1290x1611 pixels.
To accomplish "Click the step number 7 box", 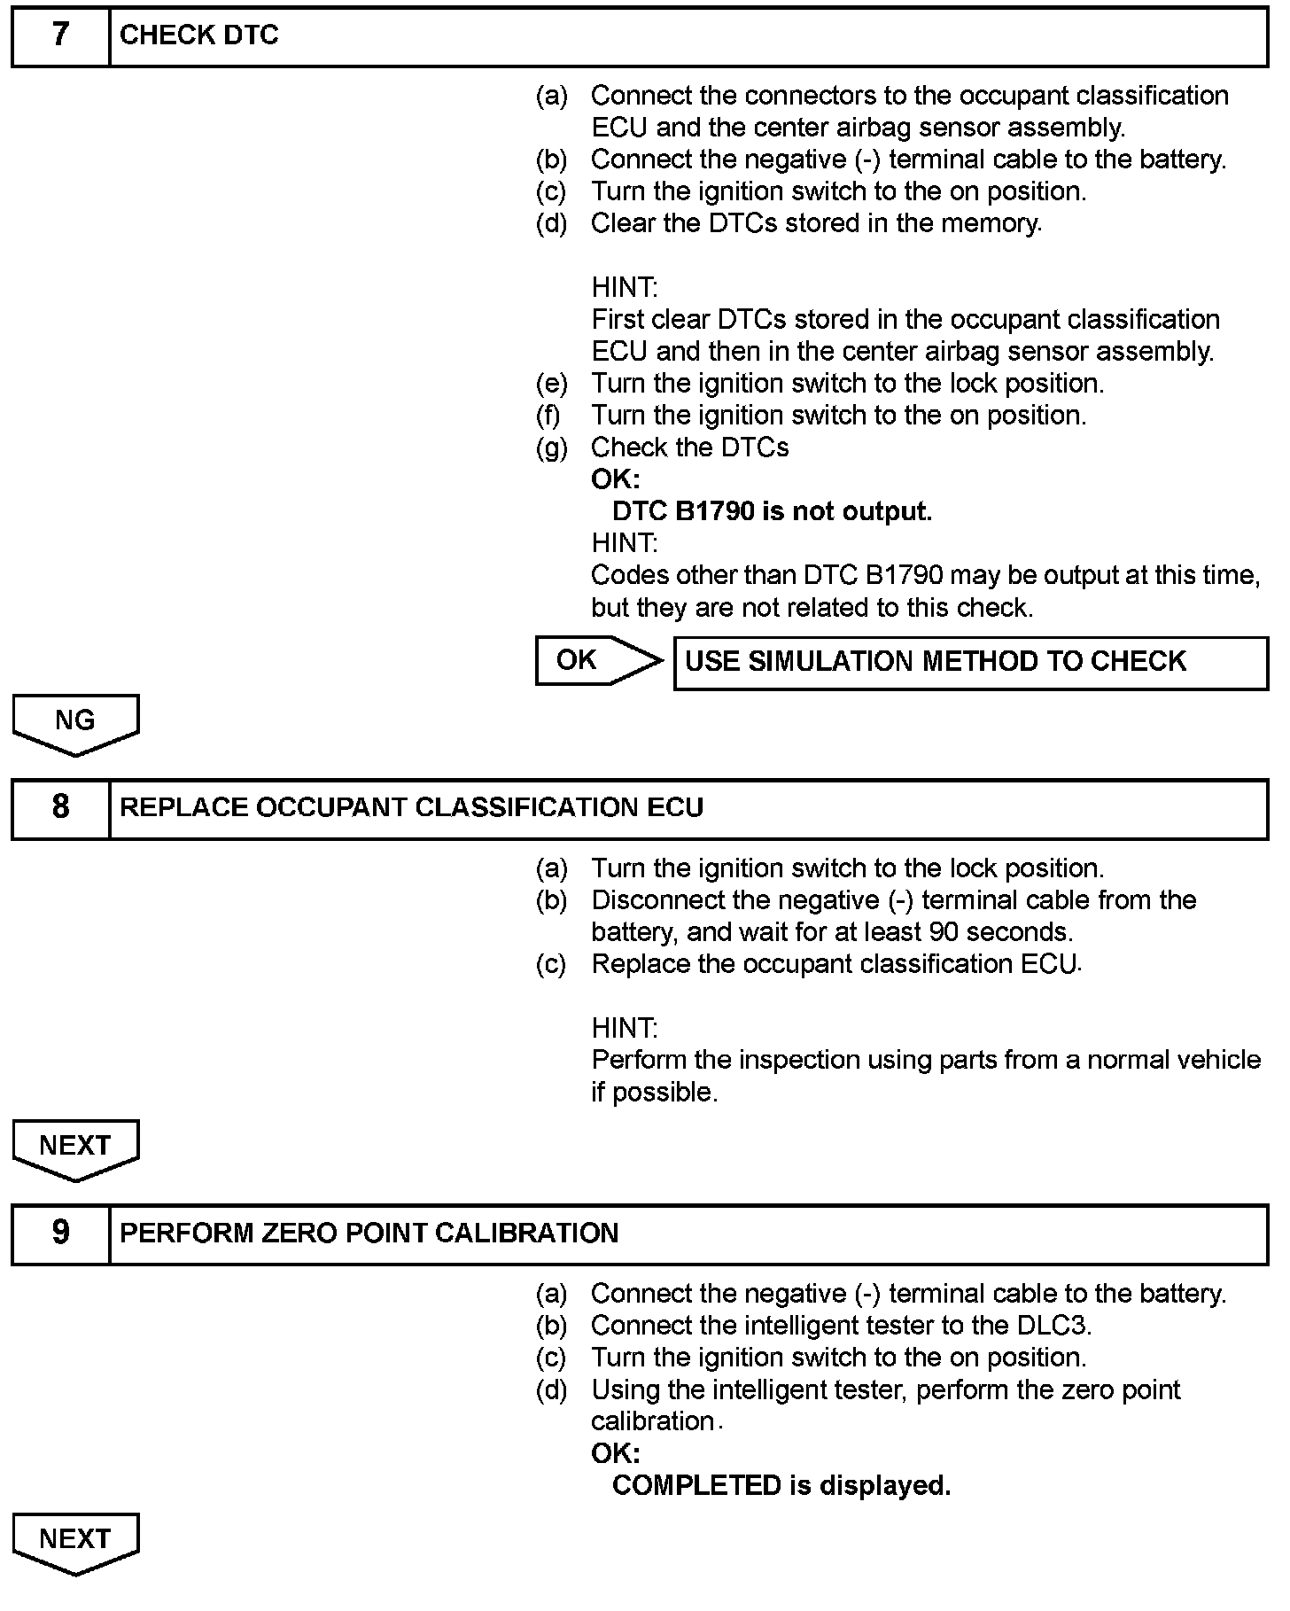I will (60, 36).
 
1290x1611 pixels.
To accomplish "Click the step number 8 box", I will (60, 808).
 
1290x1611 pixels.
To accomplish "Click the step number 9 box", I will (60, 1234).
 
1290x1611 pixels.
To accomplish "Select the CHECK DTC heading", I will (199, 35).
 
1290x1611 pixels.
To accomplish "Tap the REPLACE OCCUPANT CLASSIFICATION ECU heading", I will (411, 808).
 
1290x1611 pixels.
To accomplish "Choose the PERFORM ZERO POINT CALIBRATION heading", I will (369, 1234).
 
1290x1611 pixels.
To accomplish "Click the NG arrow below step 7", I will (75, 722).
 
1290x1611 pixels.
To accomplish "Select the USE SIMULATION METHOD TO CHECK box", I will (970, 662).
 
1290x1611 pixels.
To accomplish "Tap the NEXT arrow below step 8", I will (75, 1148).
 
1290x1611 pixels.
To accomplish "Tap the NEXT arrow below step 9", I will (75, 1541).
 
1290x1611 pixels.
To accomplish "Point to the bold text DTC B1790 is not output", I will (772, 512).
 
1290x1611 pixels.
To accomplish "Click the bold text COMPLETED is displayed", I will (781, 1486).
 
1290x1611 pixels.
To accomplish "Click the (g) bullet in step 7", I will (551, 448).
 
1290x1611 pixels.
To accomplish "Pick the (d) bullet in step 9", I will (551, 1390).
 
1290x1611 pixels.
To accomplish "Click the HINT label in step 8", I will (625, 1029).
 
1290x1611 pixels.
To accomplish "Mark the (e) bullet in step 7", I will (551, 384).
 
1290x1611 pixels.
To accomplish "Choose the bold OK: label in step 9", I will (615, 1454).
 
